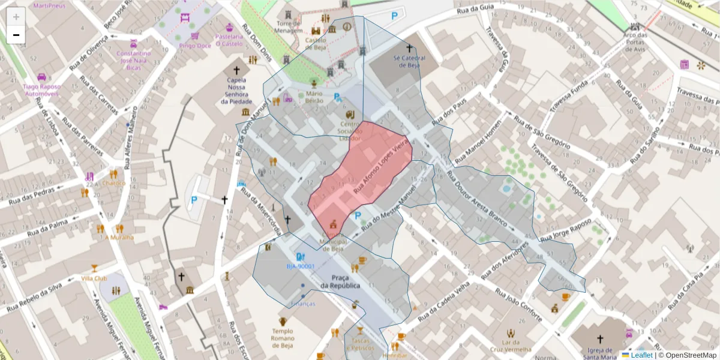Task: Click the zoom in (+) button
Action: coord(16,17)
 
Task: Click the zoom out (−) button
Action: coord(16,35)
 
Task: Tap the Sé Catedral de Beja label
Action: coord(409,62)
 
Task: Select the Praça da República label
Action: coord(340,281)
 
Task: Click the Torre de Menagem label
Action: coord(289,26)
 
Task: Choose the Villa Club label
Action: coord(94,278)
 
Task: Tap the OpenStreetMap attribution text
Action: coord(687,355)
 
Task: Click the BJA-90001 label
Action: coord(300,266)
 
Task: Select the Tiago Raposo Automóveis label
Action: coord(41,90)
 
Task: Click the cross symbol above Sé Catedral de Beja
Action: coord(410,47)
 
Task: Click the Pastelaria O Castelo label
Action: coord(229,40)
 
